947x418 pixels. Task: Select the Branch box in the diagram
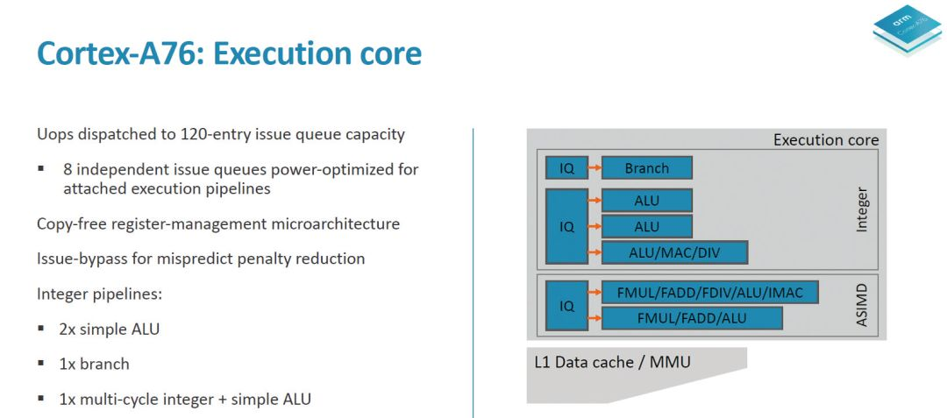tap(646, 167)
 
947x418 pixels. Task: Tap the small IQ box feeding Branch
tap(566, 167)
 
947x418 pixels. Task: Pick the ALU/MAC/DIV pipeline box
tap(674, 252)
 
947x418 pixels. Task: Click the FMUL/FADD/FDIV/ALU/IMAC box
tap(709, 293)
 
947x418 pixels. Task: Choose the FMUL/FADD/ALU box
tap(691, 318)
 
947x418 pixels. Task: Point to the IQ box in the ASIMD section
tap(566, 306)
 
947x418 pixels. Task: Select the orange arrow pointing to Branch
tap(595, 167)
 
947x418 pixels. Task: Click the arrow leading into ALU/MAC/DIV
tap(595, 252)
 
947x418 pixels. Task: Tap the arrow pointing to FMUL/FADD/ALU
tap(595, 318)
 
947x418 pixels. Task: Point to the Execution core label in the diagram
tap(825, 139)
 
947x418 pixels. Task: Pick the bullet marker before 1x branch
tap(41, 365)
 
